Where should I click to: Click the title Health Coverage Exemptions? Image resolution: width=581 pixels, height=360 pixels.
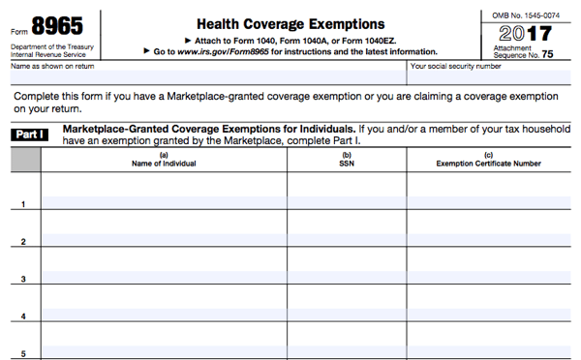coord(290,23)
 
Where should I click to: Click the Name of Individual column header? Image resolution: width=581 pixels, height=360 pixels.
coord(164,164)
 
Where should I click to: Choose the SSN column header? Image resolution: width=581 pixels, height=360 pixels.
coord(347,164)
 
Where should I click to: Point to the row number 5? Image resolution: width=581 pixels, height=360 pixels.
coord(23,353)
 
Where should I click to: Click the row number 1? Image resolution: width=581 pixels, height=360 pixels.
coord(23,204)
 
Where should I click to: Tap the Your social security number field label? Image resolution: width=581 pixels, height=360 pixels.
coord(455,67)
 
